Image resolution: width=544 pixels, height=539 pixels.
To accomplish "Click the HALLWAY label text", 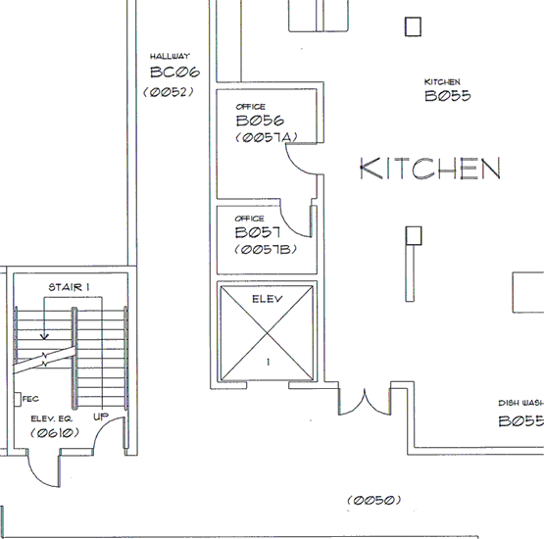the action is pyautogui.click(x=170, y=56).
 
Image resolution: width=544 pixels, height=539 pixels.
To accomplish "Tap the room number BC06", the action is pyautogui.click(x=174, y=73).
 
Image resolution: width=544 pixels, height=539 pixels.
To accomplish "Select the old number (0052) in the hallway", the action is pyautogui.click(x=169, y=92).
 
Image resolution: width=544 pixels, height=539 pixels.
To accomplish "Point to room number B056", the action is pyautogui.click(x=260, y=121).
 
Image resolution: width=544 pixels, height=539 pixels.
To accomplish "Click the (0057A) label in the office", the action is pyautogui.click(x=267, y=138).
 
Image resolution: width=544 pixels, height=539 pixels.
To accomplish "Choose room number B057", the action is pyautogui.click(x=258, y=232).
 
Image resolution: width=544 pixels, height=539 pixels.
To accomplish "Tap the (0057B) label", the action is pyautogui.click(x=266, y=249).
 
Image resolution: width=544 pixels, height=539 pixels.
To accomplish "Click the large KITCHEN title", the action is pyautogui.click(x=430, y=169).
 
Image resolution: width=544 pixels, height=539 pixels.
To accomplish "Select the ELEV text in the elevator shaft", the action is pyautogui.click(x=268, y=299).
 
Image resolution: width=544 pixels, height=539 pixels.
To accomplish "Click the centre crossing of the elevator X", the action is pyautogui.click(x=268, y=333).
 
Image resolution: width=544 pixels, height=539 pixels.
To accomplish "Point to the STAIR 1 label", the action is pyautogui.click(x=69, y=287).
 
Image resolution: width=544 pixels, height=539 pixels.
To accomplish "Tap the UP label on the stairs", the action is pyautogui.click(x=101, y=416).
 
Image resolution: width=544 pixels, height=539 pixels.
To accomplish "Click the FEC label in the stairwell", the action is pyautogui.click(x=30, y=399).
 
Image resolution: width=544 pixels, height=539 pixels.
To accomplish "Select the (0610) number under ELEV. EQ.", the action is pyautogui.click(x=55, y=433).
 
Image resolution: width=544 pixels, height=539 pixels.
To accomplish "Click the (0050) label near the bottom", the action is pyautogui.click(x=374, y=500).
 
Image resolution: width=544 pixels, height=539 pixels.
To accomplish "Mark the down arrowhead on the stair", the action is pyautogui.click(x=44, y=336).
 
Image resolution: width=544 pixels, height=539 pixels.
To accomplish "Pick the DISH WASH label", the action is pyautogui.click(x=521, y=403).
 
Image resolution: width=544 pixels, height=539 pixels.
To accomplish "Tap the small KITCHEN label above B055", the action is pyautogui.click(x=442, y=82).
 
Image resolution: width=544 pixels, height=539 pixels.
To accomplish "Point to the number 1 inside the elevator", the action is pyautogui.click(x=268, y=362).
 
